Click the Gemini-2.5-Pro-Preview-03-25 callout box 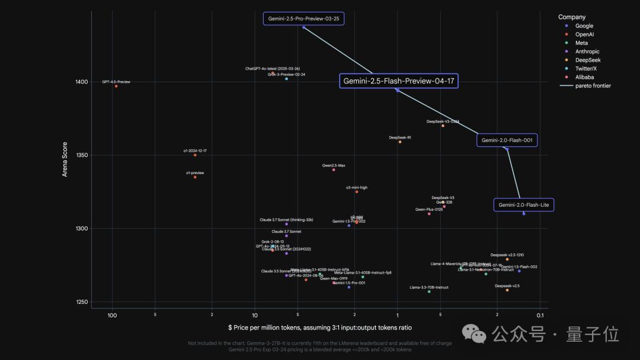(x=304, y=18)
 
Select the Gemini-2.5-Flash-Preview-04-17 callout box (x=399, y=81)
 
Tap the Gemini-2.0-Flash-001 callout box (x=507, y=140)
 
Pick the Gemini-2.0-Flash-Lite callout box (x=524, y=205)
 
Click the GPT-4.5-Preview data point (x=116, y=86)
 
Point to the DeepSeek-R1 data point (x=400, y=142)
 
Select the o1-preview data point (x=195, y=177)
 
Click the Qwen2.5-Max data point (x=334, y=170)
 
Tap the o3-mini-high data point (x=357, y=192)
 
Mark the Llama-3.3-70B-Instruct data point (x=429, y=291)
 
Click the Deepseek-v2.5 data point (x=507, y=290)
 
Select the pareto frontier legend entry (x=585, y=86)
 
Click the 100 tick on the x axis (x=112, y=315)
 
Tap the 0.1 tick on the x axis (x=540, y=315)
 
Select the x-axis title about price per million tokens (x=319, y=327)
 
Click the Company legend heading (x=572, y=17)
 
